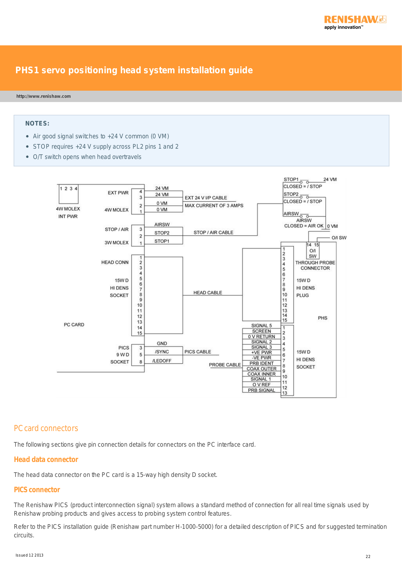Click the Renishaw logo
(x=355, y=22)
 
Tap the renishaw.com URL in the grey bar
(x=43, y=96)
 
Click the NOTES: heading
(x=37, y=123)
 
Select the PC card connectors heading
(x=46, y=428)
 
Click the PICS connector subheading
(x=37, y=490)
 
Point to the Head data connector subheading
(x=46, y=459)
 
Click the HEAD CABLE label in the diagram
(x=208, y=293)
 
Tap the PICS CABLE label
(x=198, y=352)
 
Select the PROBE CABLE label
(x=225, y=365)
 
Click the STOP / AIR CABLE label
(x=213, y=233)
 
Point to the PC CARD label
(x=74, y=325)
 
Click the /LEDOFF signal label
(x=162, y=361)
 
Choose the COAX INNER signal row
(x=261, y=374)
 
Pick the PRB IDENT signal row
(x=261, y=363)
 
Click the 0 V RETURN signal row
(x=261, y=336)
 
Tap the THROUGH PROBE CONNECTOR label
(x=315, y=265)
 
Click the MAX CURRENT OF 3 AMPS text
(x=214, y=206)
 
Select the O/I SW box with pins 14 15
(x=313, y=250)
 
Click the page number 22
(x=368, y=557)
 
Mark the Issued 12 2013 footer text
(x=30, y=555)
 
